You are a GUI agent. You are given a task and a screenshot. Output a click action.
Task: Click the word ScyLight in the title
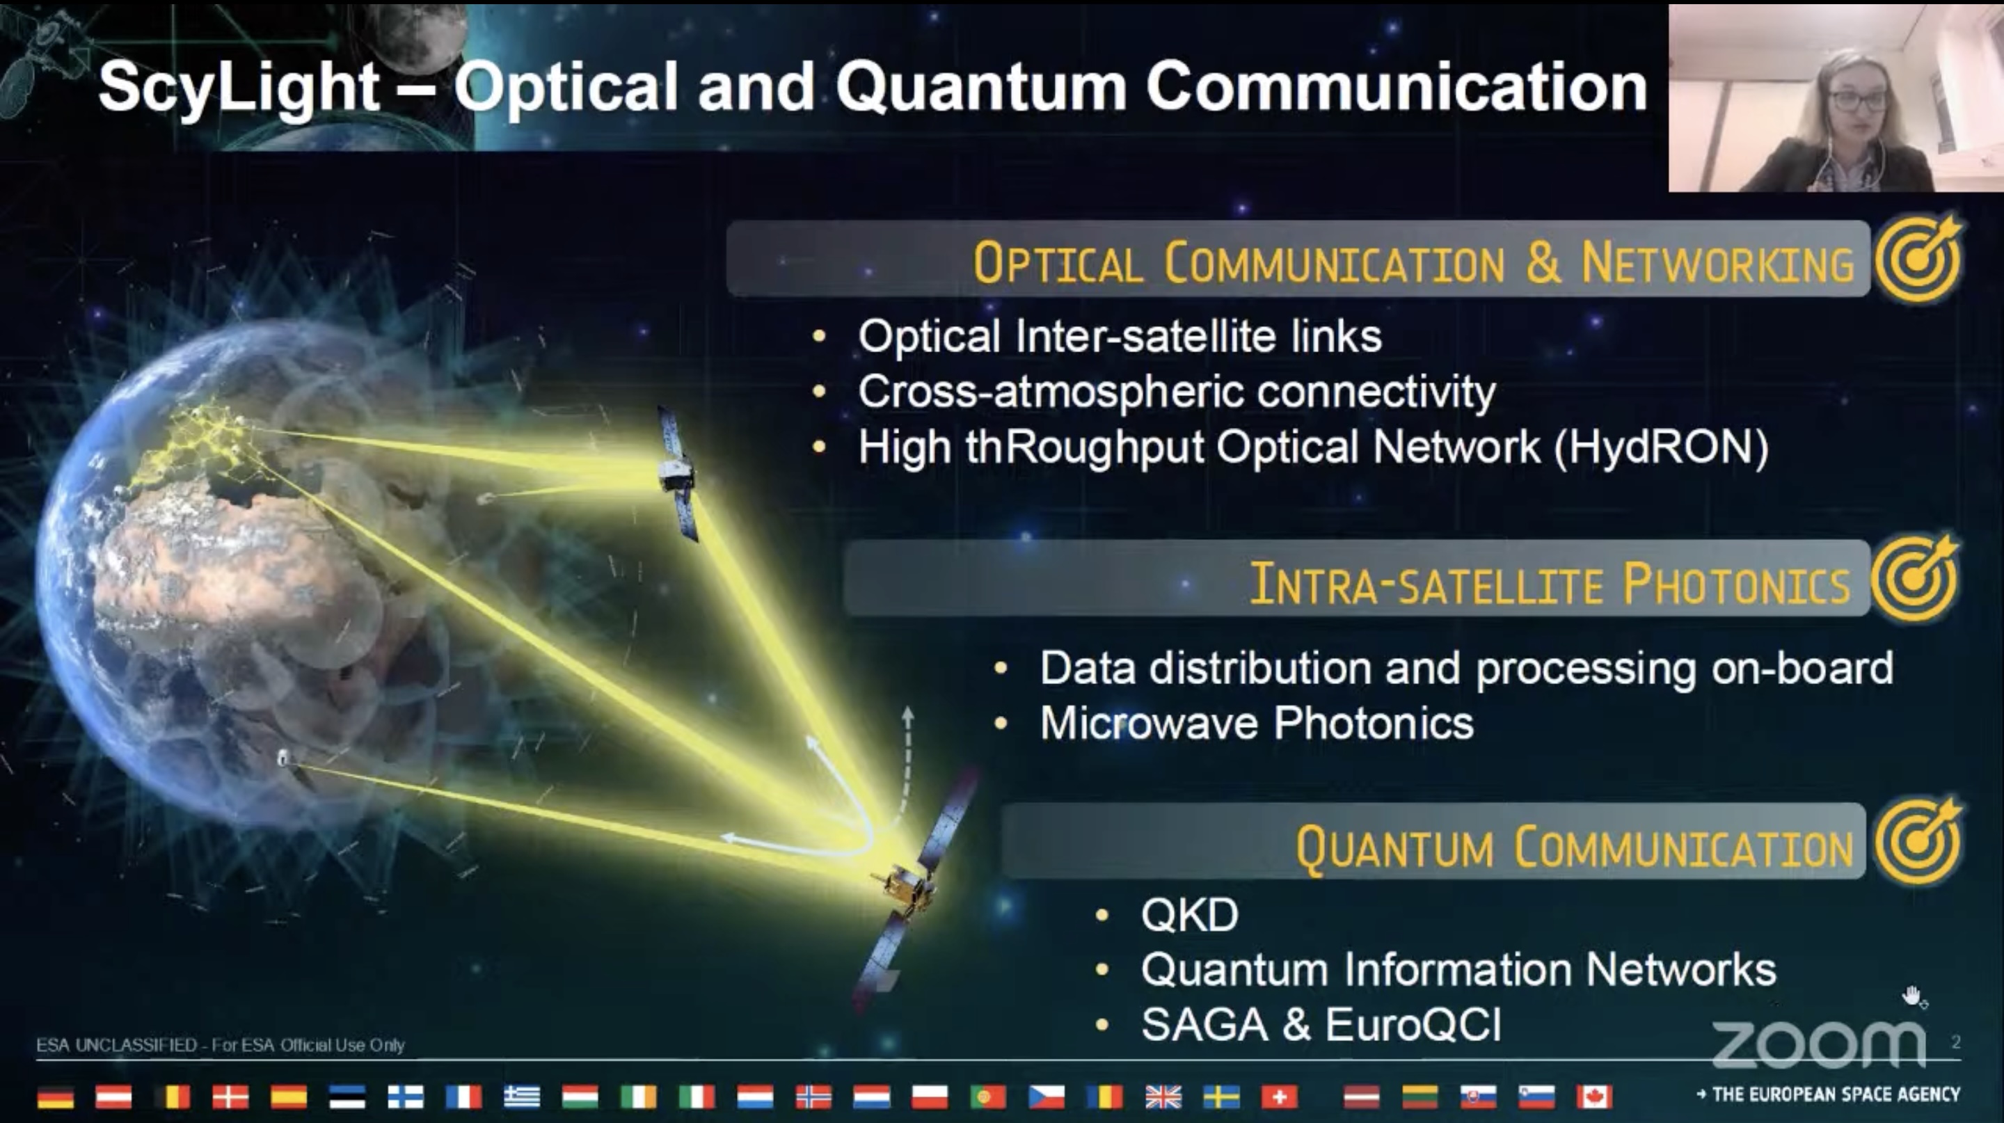tap(239, 87)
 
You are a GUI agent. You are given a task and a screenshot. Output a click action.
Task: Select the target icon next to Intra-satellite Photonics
tap(1914, 579)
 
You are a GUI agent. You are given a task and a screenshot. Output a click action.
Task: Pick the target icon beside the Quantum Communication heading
tap(1917, 841)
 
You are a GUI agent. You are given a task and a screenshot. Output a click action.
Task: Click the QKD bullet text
tap(1189, 914)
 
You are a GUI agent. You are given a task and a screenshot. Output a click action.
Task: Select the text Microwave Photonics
tap(1257, 723)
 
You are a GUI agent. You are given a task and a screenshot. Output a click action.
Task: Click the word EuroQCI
tap(1413, 1024)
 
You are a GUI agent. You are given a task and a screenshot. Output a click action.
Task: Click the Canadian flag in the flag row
tap(1594, 1097)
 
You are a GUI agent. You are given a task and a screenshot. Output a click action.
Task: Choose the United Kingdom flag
tap(1163, 1097)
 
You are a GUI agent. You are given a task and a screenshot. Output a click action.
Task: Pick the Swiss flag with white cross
tap(1280, 1097)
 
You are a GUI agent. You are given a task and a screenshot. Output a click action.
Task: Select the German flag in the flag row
tap(55, 1097)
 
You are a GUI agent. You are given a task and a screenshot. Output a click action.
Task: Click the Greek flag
tap(522, 1097)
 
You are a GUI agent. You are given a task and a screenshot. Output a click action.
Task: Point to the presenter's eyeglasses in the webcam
tap(1859, 99)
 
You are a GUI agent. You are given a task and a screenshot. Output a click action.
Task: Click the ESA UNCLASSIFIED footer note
tap(220, 1044)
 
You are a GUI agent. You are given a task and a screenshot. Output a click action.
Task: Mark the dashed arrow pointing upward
tap(905, 766)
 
